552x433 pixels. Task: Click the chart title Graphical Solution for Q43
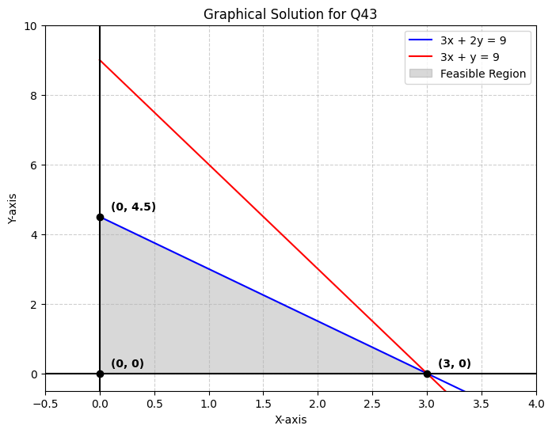click(290, 14)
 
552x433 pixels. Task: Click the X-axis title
click(290, 420)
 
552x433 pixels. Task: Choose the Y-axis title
click(13, 208)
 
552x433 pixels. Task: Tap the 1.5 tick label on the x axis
click(263, 404)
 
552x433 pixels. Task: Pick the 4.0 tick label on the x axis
click(535, 404)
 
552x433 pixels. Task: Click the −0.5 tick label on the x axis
click(44, 404)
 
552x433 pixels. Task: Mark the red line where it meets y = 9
click(100, 61)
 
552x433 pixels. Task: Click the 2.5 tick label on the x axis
click(372, 404)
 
